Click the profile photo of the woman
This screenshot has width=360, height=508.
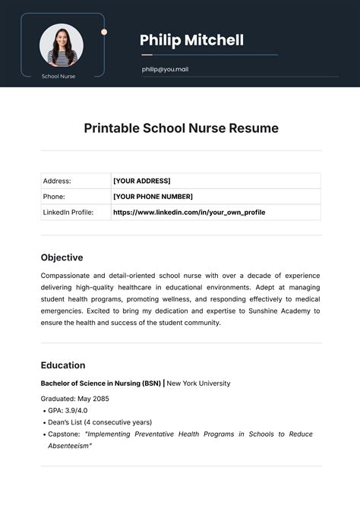pos(62,45)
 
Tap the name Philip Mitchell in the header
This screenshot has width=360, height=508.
pos(191,40)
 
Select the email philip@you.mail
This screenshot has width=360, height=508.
pos(164,69)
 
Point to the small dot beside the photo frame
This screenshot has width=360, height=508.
pos(104,32)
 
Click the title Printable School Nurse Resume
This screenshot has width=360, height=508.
pos(181,128)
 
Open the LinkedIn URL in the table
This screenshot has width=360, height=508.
pos(189,213)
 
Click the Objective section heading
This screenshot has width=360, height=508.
pos(62,257)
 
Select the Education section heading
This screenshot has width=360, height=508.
pos(63,365)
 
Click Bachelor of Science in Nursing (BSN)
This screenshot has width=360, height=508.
pos(101,383)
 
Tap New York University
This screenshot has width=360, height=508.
pos(198,383)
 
